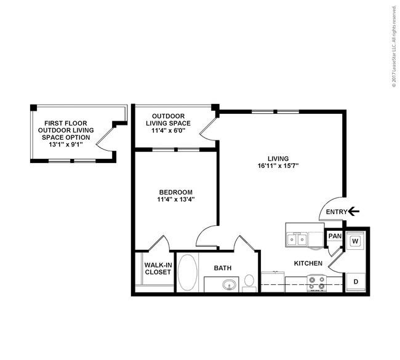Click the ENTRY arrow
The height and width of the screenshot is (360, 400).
coord(354,211)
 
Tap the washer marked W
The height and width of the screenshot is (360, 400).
coord(355,241)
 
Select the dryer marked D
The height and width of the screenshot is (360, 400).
coord(355,282)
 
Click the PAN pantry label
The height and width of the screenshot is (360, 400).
coord(335,236)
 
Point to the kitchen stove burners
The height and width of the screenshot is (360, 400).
coord(317,283)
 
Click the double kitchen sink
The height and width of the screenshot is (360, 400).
coord(297,239)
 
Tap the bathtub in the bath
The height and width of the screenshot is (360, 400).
coord(188,272)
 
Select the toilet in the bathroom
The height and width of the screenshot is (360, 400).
coord(249,283)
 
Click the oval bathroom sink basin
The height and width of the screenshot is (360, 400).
coord(229,284)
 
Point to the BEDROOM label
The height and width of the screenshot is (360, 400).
coord(176,192)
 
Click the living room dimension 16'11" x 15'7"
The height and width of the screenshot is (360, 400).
coord(278,166)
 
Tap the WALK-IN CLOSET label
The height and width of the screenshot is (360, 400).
coord(158,268)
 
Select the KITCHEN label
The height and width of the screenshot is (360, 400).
coord(308,263)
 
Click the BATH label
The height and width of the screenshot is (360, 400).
coord(223,268)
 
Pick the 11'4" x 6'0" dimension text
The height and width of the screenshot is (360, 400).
coord(169,130)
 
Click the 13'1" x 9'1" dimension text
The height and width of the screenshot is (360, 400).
coord(66,145)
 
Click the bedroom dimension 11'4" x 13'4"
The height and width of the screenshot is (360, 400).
coord(176,199)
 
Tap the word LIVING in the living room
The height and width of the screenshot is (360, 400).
coord(278,158)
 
